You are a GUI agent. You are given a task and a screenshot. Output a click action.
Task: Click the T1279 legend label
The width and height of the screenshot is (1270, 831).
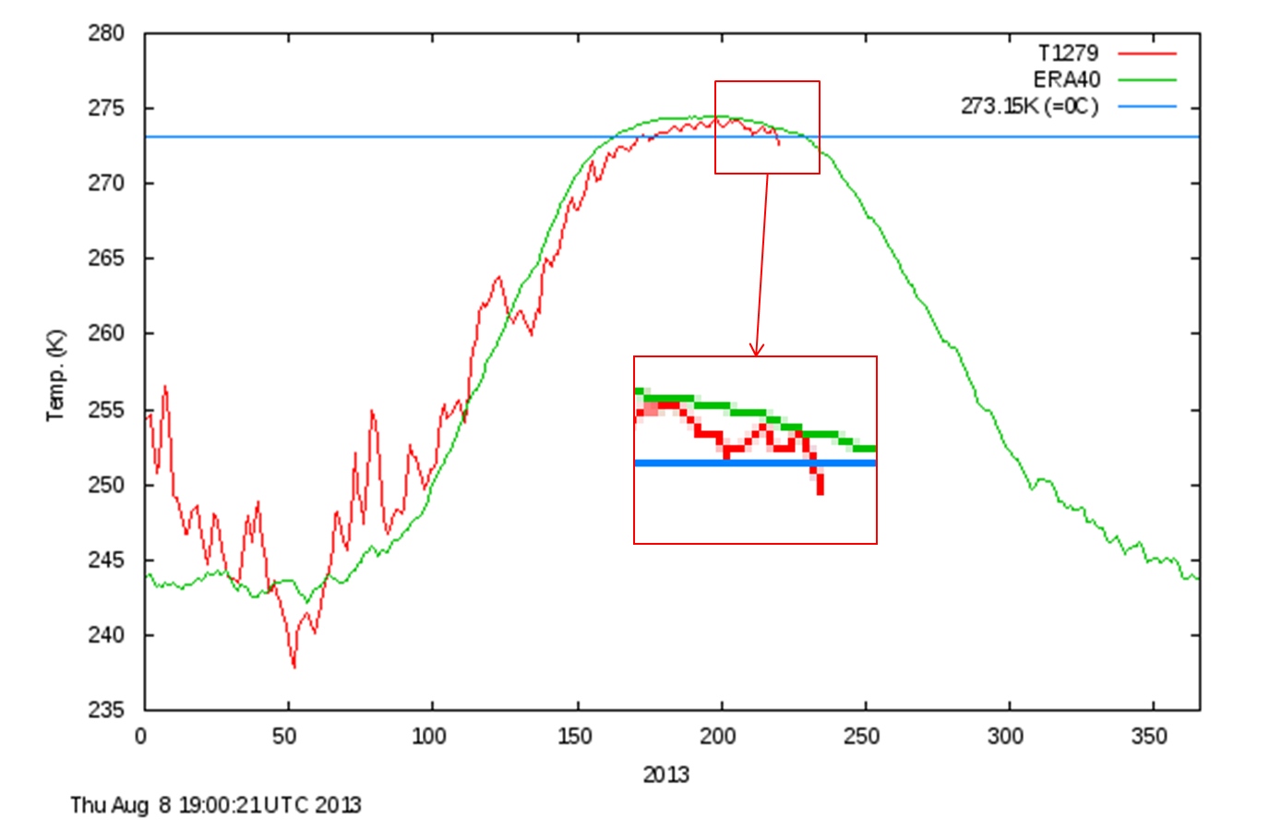[1068, 54]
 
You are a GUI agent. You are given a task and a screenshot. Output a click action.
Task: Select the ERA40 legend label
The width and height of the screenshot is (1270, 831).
[1066, 80]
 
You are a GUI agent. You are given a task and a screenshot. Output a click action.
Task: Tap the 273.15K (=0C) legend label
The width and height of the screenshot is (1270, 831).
[1029, 106]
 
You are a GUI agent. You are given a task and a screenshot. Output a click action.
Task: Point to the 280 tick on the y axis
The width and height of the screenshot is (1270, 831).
[106, 33]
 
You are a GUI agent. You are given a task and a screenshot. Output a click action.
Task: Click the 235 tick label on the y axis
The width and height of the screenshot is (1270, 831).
[106, 710]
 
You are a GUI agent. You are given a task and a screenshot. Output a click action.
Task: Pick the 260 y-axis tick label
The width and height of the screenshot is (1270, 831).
[106, 333]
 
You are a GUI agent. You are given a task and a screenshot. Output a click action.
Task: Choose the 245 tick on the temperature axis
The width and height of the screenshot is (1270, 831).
[106, 560]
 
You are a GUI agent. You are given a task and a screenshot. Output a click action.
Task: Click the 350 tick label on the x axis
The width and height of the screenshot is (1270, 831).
[1149, 736]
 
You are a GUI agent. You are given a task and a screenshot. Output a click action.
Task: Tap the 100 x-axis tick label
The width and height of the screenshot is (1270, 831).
[428, 736]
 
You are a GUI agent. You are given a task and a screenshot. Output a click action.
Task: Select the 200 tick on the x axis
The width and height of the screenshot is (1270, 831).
[717, 736]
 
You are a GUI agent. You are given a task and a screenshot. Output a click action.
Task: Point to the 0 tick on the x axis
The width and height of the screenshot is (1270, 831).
[140, 736]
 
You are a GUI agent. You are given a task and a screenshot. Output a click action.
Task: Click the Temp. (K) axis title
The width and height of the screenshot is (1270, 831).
[55, 375]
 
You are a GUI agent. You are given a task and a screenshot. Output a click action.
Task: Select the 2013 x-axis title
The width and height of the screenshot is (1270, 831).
[665, 775]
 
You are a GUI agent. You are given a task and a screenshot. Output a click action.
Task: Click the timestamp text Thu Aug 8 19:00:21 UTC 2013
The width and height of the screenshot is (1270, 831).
[216, 805]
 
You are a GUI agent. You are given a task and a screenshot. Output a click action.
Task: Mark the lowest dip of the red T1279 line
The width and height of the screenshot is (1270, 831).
[294, 666]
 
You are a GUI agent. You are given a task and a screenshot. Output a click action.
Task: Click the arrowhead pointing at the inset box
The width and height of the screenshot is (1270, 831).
[756, 350]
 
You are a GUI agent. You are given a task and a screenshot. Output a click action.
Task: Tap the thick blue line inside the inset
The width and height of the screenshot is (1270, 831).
[755, 463]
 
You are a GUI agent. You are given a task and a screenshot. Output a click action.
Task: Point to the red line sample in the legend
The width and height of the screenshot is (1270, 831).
[1147, 54]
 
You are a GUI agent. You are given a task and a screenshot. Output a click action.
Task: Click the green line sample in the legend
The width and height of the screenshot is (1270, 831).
[1147, 80]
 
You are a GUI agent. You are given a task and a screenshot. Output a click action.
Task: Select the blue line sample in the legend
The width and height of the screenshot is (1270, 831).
[1147, 107]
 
